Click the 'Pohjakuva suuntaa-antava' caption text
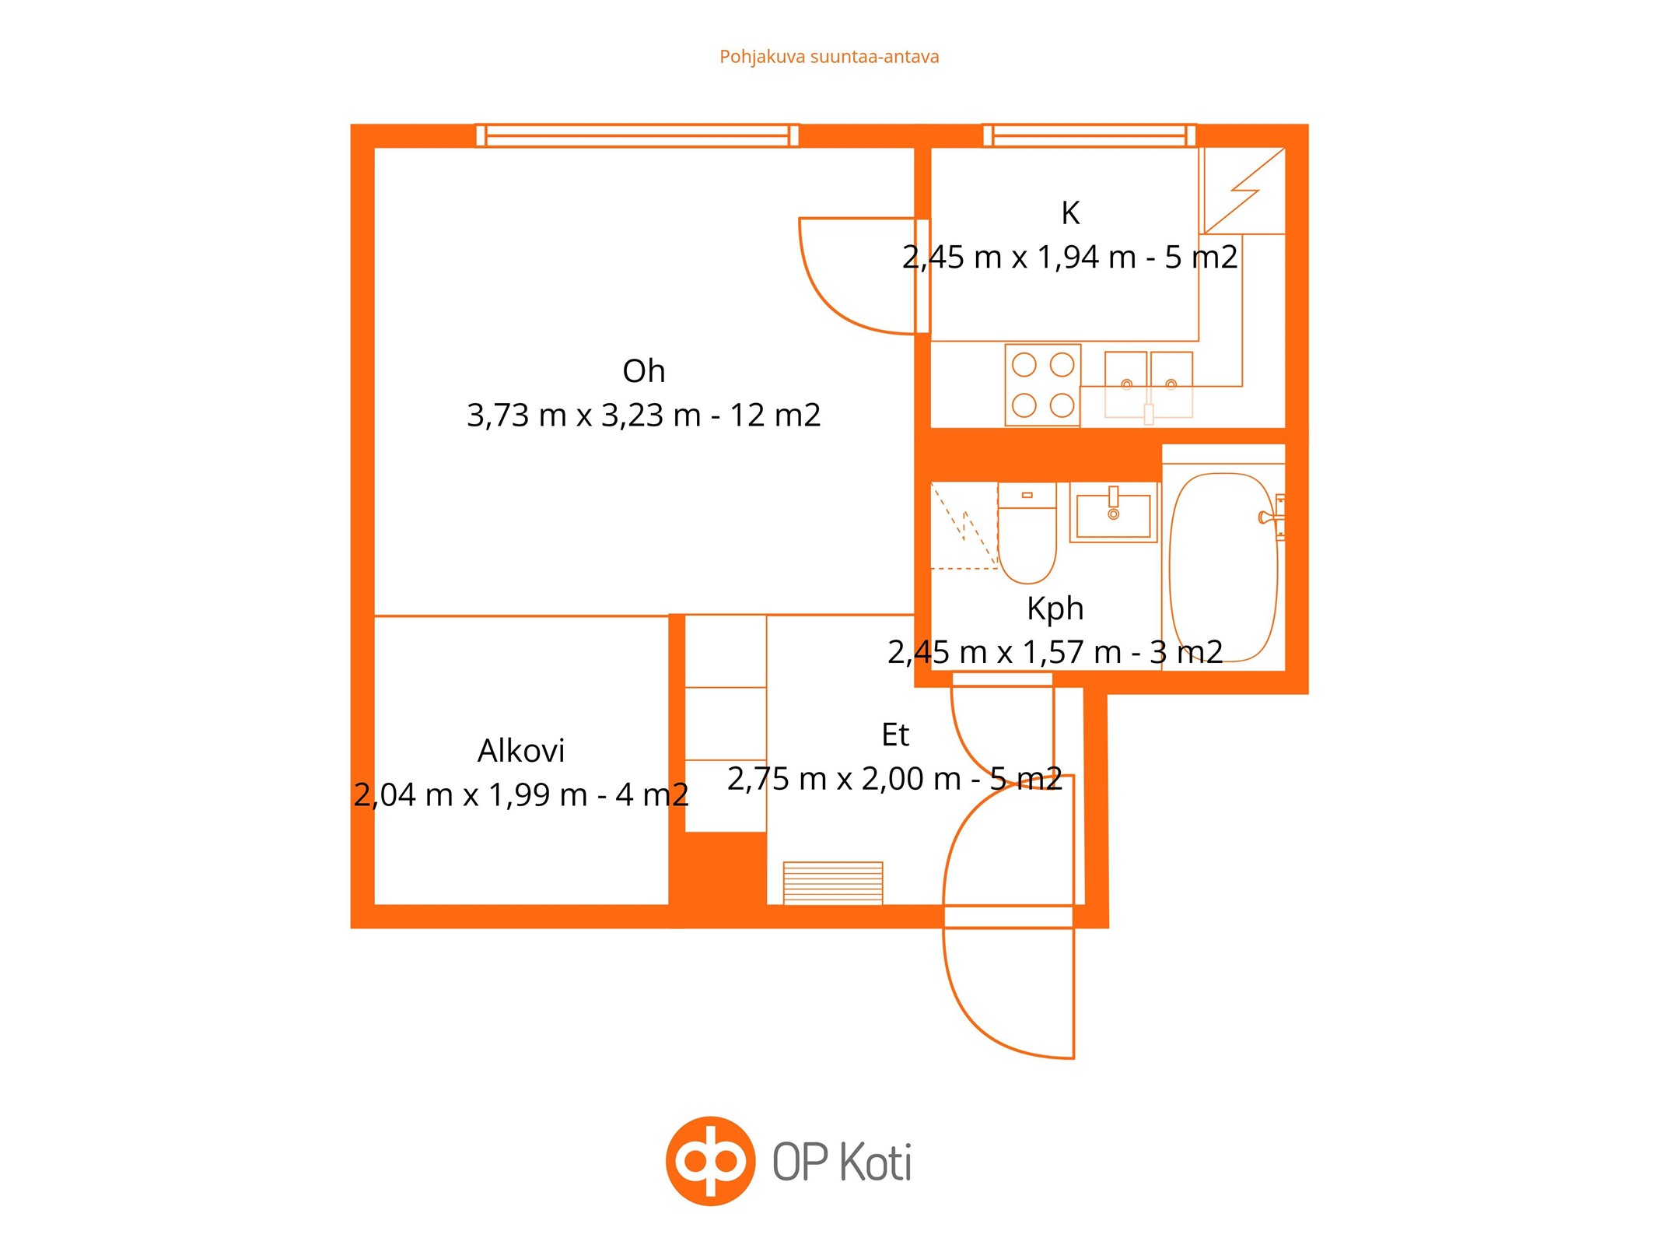(829, 57)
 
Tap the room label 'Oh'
(643, 371)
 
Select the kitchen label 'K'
(1070, 212)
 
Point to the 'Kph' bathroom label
(1055, 608)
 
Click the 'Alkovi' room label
(521, 751)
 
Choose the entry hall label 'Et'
(895, 735)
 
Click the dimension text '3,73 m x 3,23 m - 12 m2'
(643, 415)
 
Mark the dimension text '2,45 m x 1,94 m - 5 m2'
(1070, 257)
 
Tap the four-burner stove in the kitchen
(1042, 385)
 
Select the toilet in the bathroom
(1027, 533)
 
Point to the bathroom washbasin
(1114, 512)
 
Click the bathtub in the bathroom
(1223, 567)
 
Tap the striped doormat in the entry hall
(833, 882)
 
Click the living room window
(637, 135)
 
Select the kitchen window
(1089, 135)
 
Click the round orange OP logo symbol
(710, 1161)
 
